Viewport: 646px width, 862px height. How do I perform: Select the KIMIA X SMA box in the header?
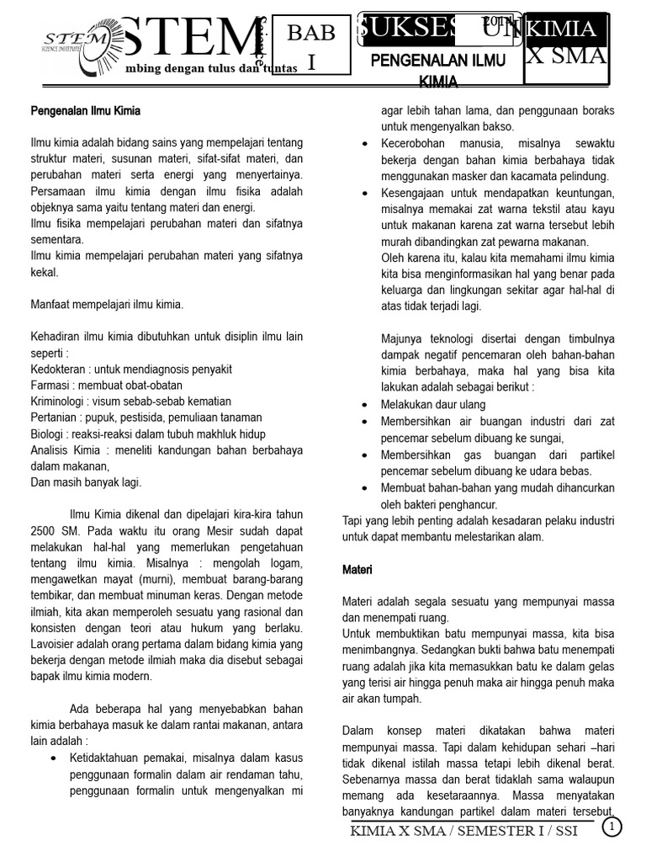click(566, 43)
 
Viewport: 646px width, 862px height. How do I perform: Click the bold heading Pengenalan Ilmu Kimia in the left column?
click(85, 110)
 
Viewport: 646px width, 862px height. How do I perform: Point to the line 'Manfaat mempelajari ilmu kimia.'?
click(107, 304)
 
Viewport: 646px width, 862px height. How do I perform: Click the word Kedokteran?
click(57, 369)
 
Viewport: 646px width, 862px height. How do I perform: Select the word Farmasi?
click(49, 385)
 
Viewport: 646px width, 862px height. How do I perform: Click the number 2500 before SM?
click(45, 530)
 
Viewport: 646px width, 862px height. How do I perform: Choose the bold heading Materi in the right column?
click(357, 570)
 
